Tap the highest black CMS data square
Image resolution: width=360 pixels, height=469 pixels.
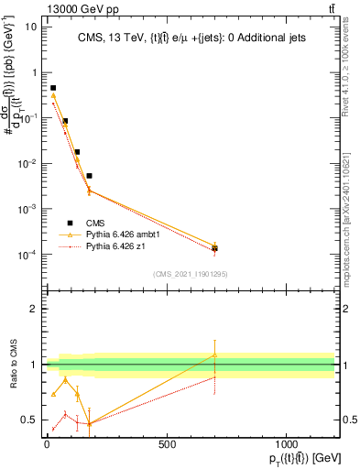[53, 88]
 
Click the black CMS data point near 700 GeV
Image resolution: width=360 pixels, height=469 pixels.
[214, 248]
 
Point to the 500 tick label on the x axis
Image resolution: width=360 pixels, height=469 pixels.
[167, 444]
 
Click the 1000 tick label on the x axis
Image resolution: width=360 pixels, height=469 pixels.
[287, 444]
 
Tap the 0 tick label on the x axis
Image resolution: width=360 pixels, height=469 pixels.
[47, 444]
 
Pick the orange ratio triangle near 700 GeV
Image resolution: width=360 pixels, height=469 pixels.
[214, 354]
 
